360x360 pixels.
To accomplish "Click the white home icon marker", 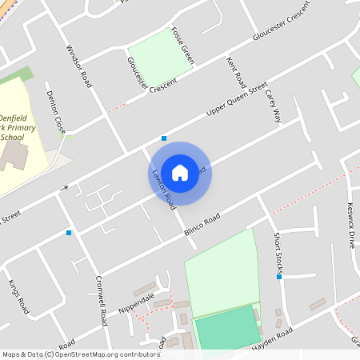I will coord(180,173).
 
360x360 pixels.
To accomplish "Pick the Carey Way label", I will coord(274,105).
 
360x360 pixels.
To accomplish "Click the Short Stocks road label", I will coord(278,251).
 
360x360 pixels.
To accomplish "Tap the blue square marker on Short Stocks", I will coord(279,277).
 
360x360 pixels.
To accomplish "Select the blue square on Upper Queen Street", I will coord(164,138).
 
